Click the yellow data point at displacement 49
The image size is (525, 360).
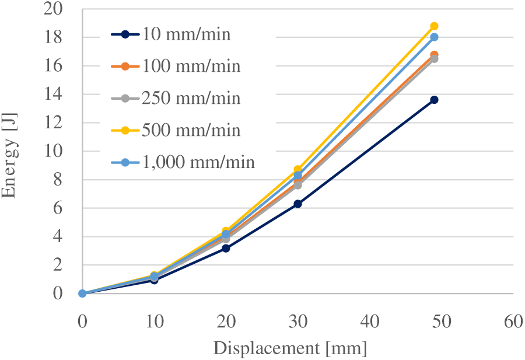(x=434, y=26)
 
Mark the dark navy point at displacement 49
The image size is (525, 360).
(x=434, y=100)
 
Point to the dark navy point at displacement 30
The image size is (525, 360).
(x=297, y=204)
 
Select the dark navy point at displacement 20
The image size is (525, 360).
(x=226, y=249)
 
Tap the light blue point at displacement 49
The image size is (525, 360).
(x=434, y=37)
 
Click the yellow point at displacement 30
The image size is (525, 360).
(x=297, y=169)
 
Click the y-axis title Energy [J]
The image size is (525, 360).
(x=9, y=156)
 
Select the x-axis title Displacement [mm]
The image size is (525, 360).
(x=290, y=348)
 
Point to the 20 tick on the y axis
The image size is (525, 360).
(x=53, y=9)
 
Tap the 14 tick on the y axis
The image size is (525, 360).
(x=53, y=94)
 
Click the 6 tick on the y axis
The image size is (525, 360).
(x=58, y=208)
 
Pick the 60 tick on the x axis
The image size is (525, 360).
(x=513, y=322)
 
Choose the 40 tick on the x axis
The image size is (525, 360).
(x=370, y=322)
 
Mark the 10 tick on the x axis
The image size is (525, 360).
(x=155, y=322)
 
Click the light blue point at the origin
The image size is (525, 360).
(x=82, y=293)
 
